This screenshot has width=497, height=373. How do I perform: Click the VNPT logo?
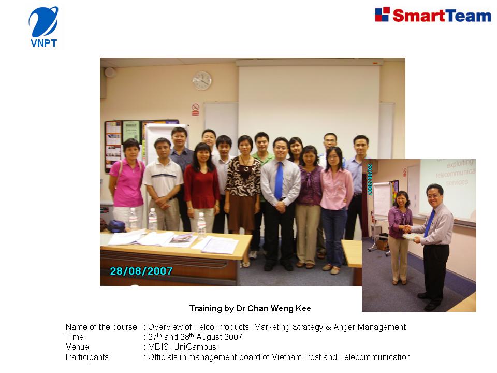coord(43,27)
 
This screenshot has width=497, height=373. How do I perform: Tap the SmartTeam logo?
coord(433,15)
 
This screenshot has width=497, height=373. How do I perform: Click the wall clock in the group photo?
coord(202,81)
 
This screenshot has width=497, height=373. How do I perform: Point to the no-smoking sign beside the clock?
coord(195,109)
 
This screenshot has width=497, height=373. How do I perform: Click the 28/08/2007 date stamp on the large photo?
coord(141,271)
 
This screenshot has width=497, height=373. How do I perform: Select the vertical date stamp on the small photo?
coord(370,179)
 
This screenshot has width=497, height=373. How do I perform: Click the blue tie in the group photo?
coord(279,180)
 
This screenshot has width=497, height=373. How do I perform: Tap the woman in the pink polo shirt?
coord(127,184)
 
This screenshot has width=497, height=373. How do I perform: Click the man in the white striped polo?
coord(163,184)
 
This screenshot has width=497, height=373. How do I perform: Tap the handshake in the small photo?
coord(407,228)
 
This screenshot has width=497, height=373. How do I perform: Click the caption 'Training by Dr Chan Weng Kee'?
coord(250,309)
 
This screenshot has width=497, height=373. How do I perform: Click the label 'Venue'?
coord(77,347)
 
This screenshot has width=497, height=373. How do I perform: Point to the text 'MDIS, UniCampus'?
coord(182,347)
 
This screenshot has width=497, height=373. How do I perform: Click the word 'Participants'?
coord(87,357)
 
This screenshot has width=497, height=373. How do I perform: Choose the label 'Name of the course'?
coord(101,327)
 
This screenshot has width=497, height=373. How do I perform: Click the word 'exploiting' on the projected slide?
coord(460,164)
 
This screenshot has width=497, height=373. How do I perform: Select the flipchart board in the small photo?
coord(382,200)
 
